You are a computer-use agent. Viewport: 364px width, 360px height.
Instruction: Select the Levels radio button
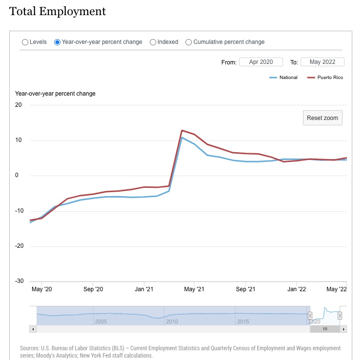click(25, 42)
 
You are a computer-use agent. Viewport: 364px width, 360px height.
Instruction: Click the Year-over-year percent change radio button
click(57, 42)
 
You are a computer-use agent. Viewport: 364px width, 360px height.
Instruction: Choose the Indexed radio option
click(153, 42)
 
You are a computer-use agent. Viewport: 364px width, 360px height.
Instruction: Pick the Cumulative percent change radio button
click(188, 42)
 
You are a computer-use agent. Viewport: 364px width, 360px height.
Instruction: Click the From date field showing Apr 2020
click(261, 62)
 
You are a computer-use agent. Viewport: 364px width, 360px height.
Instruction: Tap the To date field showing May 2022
click(323, 62)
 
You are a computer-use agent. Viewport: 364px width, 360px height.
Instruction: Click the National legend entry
click(283, 78)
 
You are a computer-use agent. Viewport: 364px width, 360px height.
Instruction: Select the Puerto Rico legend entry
click(325, 78)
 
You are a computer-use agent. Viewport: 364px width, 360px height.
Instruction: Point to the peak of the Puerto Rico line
click(182, 130)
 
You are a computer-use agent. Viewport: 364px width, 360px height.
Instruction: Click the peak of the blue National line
click(182, 138)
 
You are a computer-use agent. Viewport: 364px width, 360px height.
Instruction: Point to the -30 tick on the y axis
click(20, 281)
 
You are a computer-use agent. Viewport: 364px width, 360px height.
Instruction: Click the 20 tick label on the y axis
click(19, 105)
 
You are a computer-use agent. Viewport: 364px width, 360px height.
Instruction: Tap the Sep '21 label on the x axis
click(245, 289)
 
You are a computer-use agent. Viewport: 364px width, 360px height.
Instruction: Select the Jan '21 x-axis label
click(144, 289)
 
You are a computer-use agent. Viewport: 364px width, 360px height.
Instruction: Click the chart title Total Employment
click(58, 11)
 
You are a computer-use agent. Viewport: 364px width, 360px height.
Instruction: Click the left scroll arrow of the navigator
click(33, 329)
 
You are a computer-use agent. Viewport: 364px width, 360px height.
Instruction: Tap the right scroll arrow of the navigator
click(344, 329)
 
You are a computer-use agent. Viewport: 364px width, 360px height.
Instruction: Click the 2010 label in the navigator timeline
click(172, 321)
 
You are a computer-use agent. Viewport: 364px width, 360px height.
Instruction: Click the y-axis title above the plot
click(55, 94)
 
